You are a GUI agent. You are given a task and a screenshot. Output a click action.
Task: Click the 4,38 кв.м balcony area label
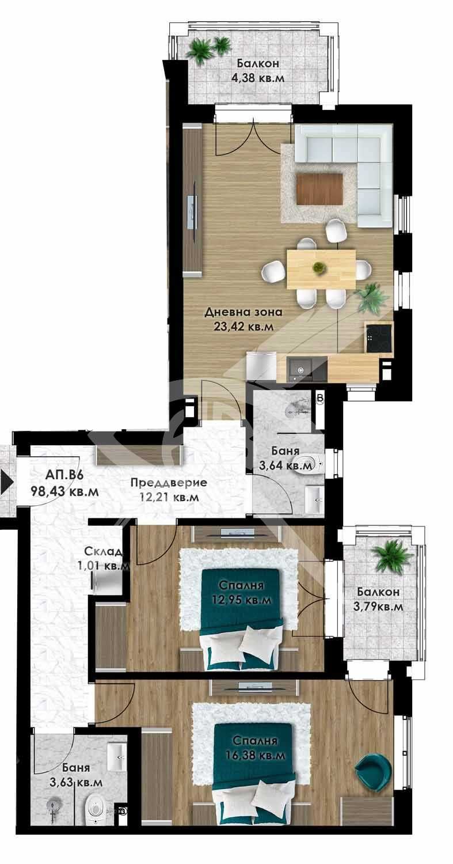tap(258, 78)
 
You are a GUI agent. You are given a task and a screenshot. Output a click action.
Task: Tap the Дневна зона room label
tap(243, 312)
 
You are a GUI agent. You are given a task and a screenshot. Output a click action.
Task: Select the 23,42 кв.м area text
tap(243, 327)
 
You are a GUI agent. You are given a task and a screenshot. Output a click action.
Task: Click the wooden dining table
tap(321, 269)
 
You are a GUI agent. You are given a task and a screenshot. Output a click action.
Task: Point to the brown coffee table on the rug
tap(319, 189)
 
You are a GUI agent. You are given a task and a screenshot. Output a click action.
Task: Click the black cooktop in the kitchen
tap(379, 338)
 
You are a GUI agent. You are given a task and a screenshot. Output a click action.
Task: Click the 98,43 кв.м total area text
tap(64, 491)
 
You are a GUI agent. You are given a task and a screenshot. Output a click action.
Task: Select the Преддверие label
tap(169, 483)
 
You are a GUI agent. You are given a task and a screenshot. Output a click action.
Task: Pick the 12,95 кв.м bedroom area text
tap(241, 600)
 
